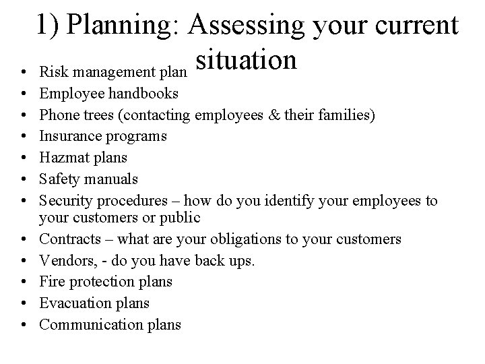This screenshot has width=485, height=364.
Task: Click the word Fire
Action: point(52,282)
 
